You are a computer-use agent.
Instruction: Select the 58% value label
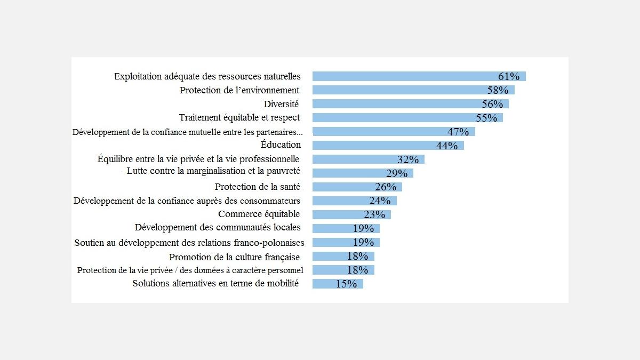click(x=498, y=90)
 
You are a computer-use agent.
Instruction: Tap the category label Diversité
click(x=281, y=104)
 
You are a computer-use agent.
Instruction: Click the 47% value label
click(x=458, y=132)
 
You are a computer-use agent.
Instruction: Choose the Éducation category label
click(x=281, y=145)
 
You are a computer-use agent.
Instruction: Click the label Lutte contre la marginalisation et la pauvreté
click(x=213, y=171)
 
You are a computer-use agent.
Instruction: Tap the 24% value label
click(x=380, y=201)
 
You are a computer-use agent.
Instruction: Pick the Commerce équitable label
click(x=259, y=214)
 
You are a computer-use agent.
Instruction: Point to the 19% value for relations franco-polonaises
click(x=363, y=243)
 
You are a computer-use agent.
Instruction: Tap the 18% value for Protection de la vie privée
click(x=357, y=270)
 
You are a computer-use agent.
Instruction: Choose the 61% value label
click(x=509, y=76)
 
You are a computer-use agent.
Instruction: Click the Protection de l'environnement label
click(x=239, y=90)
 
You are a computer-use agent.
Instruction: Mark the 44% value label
click(x=447, y=146)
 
